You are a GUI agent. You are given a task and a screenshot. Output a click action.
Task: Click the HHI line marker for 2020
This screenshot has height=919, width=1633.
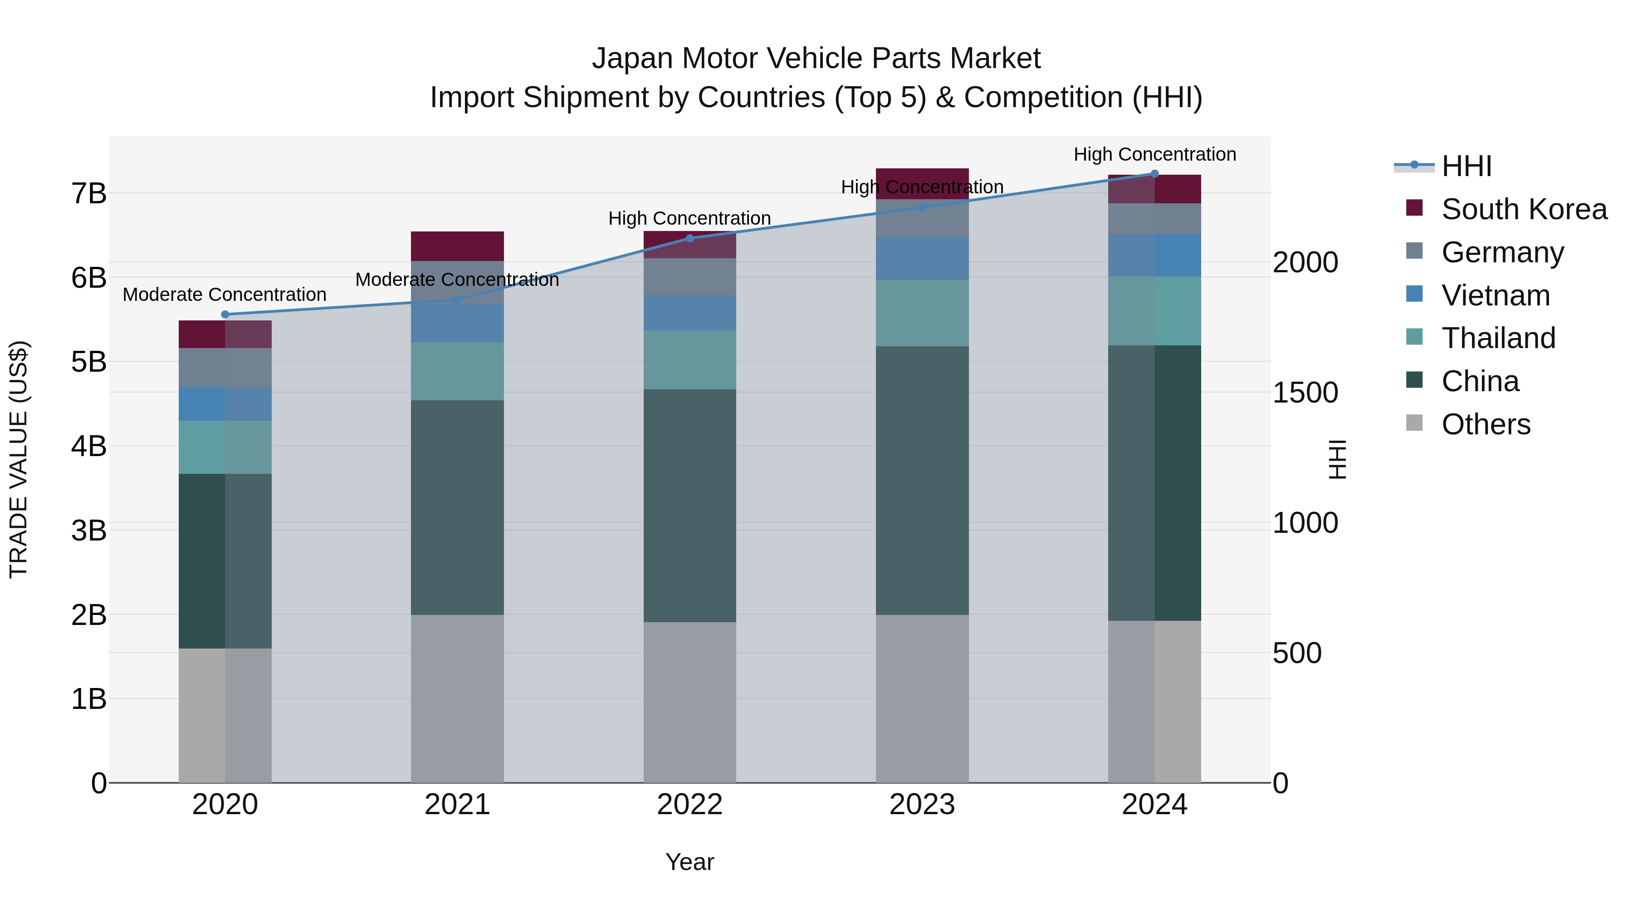pos(225,315)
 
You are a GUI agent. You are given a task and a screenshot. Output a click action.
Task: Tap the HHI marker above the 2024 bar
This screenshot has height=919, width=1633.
pos(1154,174)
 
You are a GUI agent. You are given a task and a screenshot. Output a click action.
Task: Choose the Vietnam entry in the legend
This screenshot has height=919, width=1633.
pos(1496,295)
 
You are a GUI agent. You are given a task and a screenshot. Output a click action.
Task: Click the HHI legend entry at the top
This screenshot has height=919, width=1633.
pos(1466,166)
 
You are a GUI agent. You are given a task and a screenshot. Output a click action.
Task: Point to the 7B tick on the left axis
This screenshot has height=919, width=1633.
pos(89,193)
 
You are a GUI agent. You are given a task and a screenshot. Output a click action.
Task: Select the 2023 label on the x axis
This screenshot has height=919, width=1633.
pos(922,805)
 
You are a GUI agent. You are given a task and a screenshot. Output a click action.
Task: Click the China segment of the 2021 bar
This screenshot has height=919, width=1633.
pos(457,507)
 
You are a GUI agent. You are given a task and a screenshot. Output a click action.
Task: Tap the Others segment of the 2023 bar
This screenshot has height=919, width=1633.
pos(922,698)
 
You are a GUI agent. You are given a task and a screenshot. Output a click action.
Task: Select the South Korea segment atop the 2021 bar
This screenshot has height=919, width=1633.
pos(457,246)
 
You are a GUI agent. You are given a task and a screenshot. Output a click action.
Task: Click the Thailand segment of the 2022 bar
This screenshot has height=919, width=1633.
pos(689,359)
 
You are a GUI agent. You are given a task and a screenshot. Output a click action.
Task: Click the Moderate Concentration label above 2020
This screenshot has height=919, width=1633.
pos(225,295)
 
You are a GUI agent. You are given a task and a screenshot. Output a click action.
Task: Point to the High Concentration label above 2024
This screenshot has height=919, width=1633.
pos(1154,155)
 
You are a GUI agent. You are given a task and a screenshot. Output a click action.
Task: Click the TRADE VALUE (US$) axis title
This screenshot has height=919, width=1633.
pos(19,459)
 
